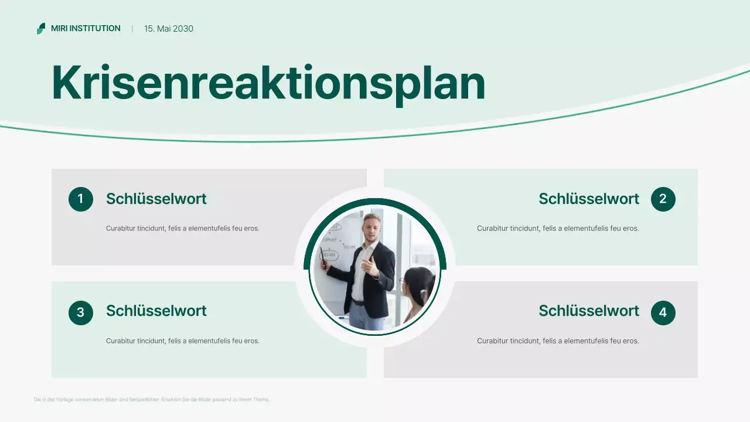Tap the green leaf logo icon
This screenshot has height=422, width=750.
coord(41,28)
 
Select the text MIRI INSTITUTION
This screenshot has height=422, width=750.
coord(86,28)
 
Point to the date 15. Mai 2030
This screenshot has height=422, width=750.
coord(169,29)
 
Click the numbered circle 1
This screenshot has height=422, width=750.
coord(81,199)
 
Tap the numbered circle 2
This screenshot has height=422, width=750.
coord(663,199)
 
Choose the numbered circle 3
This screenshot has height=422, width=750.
coord(81,312)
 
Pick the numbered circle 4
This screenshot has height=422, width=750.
coord(663,312)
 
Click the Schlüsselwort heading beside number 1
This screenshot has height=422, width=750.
coord(156,199)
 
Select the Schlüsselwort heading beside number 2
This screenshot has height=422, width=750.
coord(589,199)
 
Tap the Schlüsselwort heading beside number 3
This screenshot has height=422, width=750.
coord(156,311)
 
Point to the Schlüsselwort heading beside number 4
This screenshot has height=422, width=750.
coord(589,311)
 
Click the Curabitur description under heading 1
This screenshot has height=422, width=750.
coord(182,228)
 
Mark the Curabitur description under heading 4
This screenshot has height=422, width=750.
coord(558,341)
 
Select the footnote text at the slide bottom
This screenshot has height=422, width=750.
coord(152,399)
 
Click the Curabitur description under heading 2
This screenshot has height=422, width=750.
coord(558,228)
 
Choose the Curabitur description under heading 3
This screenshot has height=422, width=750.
coord(182,341)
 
